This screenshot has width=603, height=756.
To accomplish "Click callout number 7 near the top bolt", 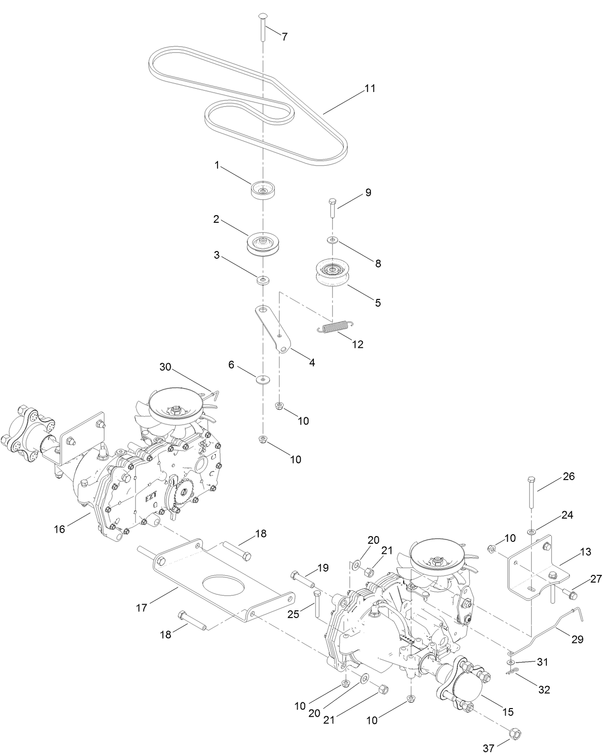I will point(285,37).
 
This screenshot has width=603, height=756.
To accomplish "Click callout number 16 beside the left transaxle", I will point(59,529).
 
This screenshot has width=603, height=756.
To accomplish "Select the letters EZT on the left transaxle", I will point(152,499).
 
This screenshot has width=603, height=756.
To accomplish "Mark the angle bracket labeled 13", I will point(532,571).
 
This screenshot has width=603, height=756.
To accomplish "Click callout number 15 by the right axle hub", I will point(508,711).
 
